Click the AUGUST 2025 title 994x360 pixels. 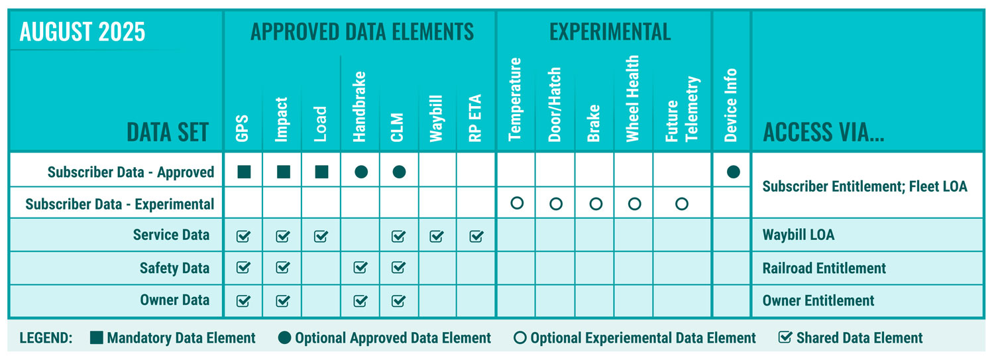[82, 32]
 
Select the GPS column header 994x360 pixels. [243, 130]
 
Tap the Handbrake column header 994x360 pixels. [360, 107]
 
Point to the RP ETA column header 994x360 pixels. [476, 119]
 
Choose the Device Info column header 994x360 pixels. [731, 105]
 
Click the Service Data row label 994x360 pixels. [171, 235]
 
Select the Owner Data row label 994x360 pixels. [174, 300]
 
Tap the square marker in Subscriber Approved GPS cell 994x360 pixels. [244, 172]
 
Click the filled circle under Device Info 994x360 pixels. [733, 172]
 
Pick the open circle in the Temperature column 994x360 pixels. [517, 204]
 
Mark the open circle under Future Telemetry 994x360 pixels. [682, 204]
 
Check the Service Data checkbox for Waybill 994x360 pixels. [437, 235]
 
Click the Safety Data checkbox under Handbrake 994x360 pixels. [360, 268]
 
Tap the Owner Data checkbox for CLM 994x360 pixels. [398, 300]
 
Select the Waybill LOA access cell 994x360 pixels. [799, 235]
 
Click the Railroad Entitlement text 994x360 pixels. [824, 268]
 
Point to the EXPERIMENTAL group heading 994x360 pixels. [610, 31]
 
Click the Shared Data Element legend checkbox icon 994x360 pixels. [785, 337]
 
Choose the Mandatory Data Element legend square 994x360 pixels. [97, 337]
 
